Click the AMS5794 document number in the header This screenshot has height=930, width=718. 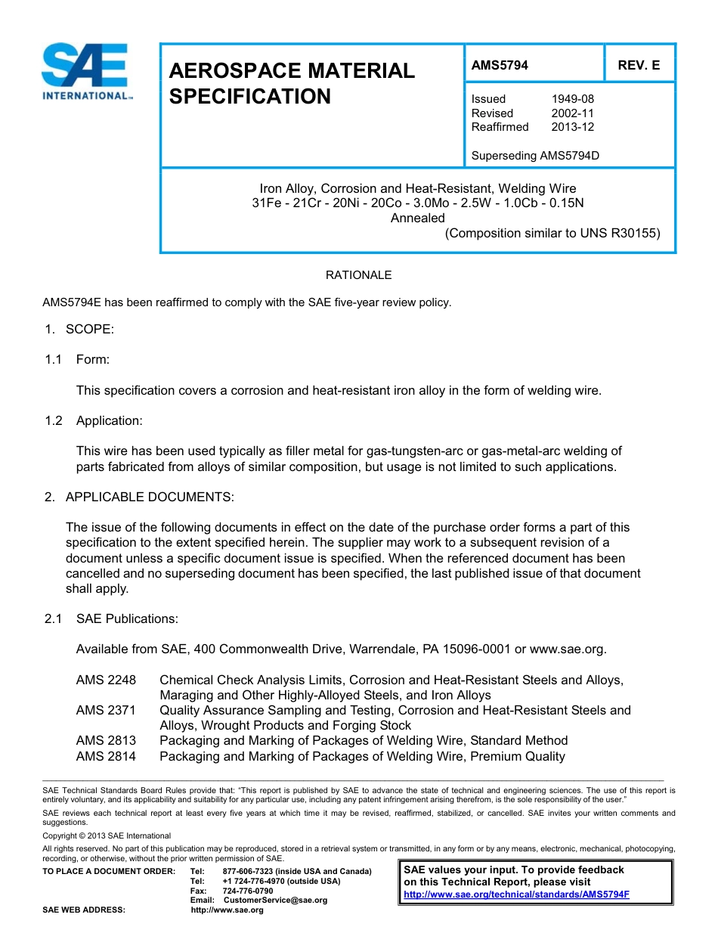pyautogui.click(x=500, y=66)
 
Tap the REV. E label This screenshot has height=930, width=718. pyautogui.click(x=639, y=66)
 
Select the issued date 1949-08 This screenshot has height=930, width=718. pyautogui.click(x=572, y=99)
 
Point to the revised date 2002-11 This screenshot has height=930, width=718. pyautogui.click(x=572, y=113)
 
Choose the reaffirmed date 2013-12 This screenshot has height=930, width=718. pyautogui.click(x=572, y=127)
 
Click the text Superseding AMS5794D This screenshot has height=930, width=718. pyautogui.click(x=535, y=157)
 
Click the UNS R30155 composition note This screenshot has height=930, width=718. pyautogui.click(x=552, y=234)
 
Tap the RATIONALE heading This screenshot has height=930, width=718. pyautogui.click(x=358, y=275)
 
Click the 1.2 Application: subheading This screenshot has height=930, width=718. pyautogui.click(x=93, y=421)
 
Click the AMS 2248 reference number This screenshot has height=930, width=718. pyautogui.click(x=106, y=680)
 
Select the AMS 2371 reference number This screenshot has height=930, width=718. pyautogui.click(x=106, y=711)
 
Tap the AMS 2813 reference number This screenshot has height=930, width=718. pyautogui.click(x=106, y=741)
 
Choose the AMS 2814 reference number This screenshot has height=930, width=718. pyautogui.click(x=106, y=756)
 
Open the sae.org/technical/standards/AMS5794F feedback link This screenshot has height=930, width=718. pyautogui.click(x=516, y=894)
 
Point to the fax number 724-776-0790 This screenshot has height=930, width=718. pyautogui.click(x=248, y=891)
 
